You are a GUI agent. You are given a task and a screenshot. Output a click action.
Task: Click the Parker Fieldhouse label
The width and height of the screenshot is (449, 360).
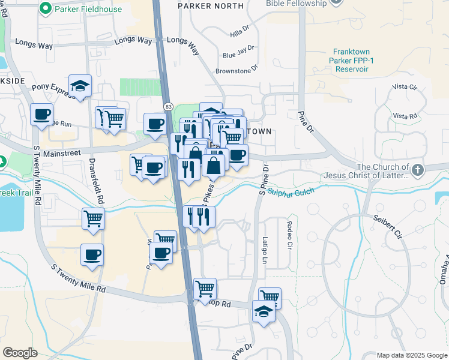tap(88, 9)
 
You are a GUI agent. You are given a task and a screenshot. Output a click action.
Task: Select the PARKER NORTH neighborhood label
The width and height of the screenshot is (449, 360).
tap(211, 6)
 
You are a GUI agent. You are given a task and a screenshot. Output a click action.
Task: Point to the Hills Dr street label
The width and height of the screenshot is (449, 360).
tap(239, 31)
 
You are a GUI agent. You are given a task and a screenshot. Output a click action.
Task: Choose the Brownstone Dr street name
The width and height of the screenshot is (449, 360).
tap(237, 71)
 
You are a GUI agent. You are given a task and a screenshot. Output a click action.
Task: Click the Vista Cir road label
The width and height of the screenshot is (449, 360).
tap(404, 87)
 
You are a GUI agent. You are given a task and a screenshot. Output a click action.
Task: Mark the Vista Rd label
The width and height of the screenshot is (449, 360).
tap(404, 116)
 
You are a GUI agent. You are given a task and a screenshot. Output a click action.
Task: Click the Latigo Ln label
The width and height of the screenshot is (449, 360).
tap(264, 250)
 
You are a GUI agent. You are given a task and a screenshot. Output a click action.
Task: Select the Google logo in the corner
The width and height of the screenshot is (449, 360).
tap(20, 352)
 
